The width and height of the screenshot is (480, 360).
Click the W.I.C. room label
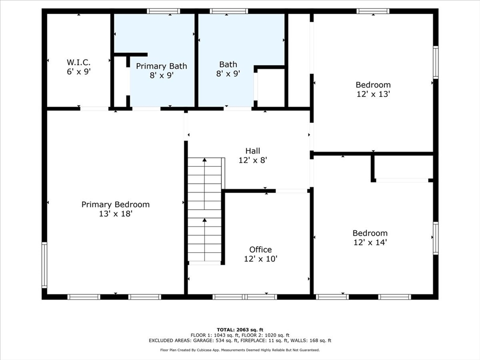pyautogui.click(x=79, y=62)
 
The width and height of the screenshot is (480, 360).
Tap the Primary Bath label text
pyautogui.click(x=161, y=66)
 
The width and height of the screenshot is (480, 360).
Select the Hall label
pyautogui.click(x=253, y=150)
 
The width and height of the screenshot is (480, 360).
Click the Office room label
pyautogui.click(x=261, y=249)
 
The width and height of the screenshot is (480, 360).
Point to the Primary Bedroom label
pyautogui.click(x=115, y=204)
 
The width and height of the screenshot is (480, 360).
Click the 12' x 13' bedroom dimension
pyautogui.click(x=373, y=94)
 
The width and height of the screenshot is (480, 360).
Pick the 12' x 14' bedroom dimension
pyautogui.click(x=370, y=242)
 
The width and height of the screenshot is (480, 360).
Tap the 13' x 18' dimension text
pyautogui.click(x=115, y=213)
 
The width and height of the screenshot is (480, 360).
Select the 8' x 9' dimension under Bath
pyautogui.click(x=228, y=74)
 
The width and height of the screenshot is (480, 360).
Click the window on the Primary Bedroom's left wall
pyautogui.click(x=45, y=265)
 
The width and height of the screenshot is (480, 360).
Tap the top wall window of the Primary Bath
pyautogui.click(x=163, y=11)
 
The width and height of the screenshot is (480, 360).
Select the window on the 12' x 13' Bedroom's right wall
pyautogui.click(x=435, y=62)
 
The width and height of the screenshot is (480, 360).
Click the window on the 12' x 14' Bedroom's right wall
pyautogui.click(x=435, y=238)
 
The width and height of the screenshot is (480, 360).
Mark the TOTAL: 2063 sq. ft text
pyautogui.click(x=240, y=330)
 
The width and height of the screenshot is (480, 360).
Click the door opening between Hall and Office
pyautogui.click(x=292, y=191)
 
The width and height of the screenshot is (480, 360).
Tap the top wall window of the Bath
pyautogui.click(x=229, y=11)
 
